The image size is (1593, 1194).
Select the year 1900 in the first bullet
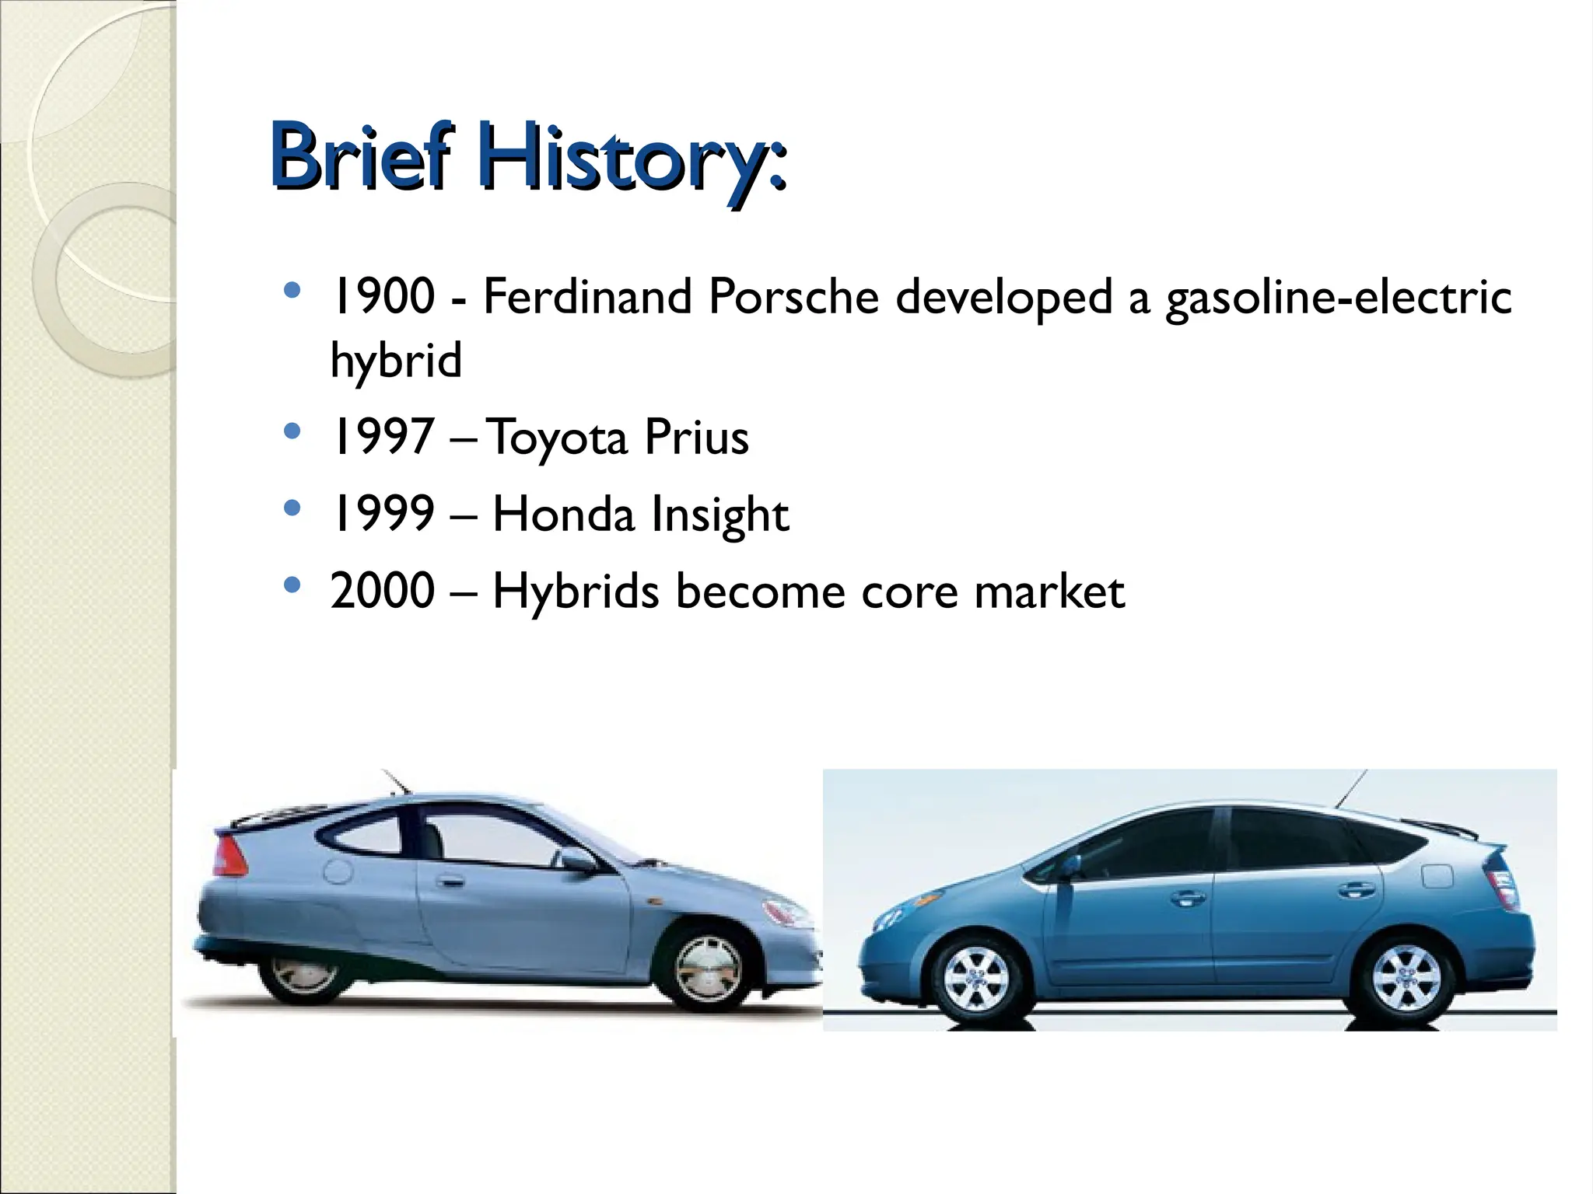pos(382,297)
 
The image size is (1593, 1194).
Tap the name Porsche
pos(793,297)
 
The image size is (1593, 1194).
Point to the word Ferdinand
pos(587,297)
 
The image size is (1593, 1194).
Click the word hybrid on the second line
pos(396,361)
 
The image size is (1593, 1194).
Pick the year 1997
pos(382,436)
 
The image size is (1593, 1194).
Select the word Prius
pos(696,437)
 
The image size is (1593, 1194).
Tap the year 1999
pos(382,514)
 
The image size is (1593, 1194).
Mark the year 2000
pos(382,591)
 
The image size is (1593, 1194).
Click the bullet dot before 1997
pos(292,431)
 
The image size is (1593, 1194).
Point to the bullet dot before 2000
pos(292,585)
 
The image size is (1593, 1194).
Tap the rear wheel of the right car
pos(1406,976)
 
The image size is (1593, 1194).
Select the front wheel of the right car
pos(975,978)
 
